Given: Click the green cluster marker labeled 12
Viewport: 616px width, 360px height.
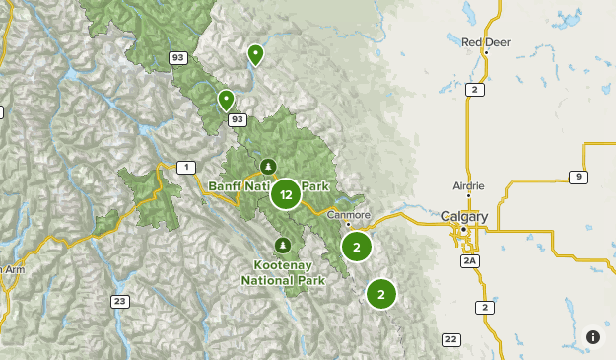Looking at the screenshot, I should pyautogui.click(x=286, y=194).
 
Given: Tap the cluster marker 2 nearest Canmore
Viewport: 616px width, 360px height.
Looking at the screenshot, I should pyautogui.click(x=357, y=247).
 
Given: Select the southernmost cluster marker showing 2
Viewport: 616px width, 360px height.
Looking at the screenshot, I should pyautogui.click(x=380, y=293).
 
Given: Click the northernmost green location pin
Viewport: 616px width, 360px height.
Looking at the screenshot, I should pyautogui.click(x=256, y=53).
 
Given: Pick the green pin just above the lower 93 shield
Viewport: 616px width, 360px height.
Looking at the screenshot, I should pyautogui.click(x=226, y=99).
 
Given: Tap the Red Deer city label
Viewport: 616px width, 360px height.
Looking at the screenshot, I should pyautogui.click(x=485, y=42).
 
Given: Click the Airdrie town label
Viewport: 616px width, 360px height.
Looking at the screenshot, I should pyautogui.click(x=468, y=185).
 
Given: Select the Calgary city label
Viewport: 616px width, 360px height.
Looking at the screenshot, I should pyautogui.click(x=464, y=216).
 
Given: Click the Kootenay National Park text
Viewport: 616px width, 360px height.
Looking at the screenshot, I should pyautogui.click(x=282, y=273).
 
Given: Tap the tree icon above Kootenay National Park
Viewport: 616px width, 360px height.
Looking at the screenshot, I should pyautogui.click(x=282, y=245).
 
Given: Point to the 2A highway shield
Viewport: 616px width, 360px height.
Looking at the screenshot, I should pyautogui.click(x=469, y=260).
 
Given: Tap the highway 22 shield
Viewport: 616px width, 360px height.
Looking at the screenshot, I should pyautogui.click(x=451, y=339).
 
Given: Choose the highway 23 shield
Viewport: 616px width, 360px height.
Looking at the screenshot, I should pyautogui.click(x=120, y=301).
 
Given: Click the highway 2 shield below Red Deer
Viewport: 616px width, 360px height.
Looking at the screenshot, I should pyautogui.click(x=476, y=90).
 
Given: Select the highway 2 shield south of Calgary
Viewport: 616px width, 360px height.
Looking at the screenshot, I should pyautogui.click(x=485, y=308).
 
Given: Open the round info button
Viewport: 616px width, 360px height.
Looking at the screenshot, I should pyautogui.click(x=593, y=337).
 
